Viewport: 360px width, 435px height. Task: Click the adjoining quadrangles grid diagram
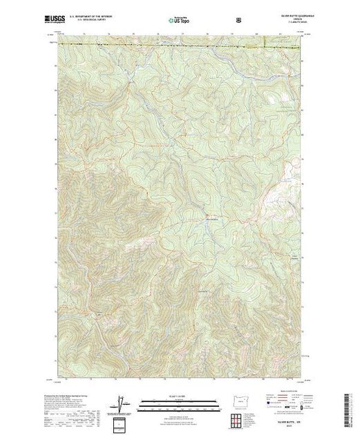coord(236,420)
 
